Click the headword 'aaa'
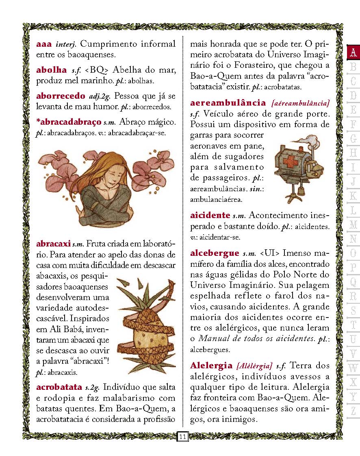click(44, 44)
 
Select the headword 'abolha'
click(51, 70)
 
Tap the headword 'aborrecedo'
click(60, 96)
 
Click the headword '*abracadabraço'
click(68, 122)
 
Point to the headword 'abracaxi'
click(53, 244)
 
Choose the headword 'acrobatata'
click(59, 387)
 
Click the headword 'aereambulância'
click(228, 103)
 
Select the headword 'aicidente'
click(210, 215)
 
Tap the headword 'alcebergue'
click(215, 253)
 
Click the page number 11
click(182, 437)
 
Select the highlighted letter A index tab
click(353, 52)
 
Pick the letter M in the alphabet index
click(353, 224)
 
